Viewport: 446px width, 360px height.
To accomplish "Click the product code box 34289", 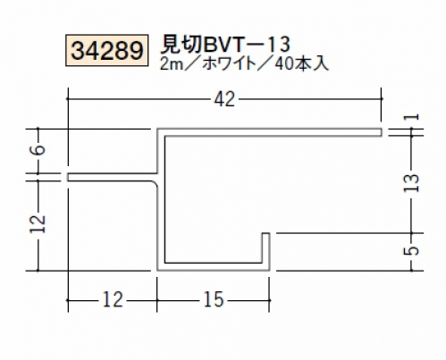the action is [x=106, y=50].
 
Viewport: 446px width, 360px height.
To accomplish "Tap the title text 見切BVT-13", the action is [x=225, y=45].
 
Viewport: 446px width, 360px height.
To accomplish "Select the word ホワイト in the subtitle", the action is [x=229, y=63].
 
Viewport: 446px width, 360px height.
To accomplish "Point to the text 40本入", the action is [x=302, y=63].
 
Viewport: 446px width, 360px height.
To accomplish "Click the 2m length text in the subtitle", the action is [x=172, y=63].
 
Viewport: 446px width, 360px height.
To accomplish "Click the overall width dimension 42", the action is [x=224, y=99].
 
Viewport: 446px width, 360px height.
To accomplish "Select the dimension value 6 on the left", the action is [x=39, y=149].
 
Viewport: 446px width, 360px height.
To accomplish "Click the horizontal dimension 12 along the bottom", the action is [x=113, y=299].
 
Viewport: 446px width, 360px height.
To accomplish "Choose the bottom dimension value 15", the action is [x=214, y=299].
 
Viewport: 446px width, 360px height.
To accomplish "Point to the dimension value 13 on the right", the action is [x=412, y=182].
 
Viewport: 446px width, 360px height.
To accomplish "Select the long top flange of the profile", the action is [x=269, y=132].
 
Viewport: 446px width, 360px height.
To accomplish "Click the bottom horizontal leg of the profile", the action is [x=214, y=267].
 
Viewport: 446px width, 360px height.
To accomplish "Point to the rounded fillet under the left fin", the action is [x=156, y=183].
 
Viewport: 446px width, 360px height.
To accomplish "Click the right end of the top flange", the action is [x=382, y=132].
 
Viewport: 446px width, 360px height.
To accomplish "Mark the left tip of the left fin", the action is [x=68, y=177].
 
